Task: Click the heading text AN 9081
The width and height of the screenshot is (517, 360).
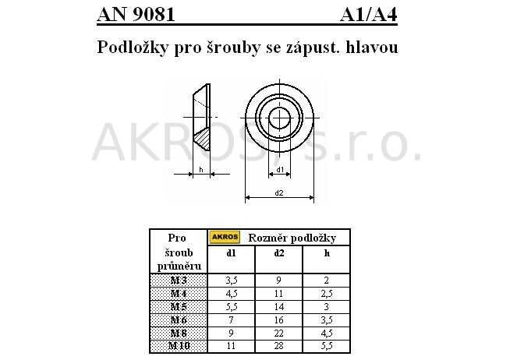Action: coord(136,14)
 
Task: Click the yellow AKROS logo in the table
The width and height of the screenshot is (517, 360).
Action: coord(225,237)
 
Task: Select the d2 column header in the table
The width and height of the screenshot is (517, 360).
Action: coord(278,252)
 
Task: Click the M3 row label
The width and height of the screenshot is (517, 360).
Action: coord(179,280)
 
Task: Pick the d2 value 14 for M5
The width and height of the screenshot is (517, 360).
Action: coord(278,305)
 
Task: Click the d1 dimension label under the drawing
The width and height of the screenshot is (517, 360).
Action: coord(280,169)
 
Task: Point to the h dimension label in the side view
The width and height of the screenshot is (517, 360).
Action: coord(200,169)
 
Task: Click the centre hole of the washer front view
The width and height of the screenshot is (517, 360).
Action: coord(279,118)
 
